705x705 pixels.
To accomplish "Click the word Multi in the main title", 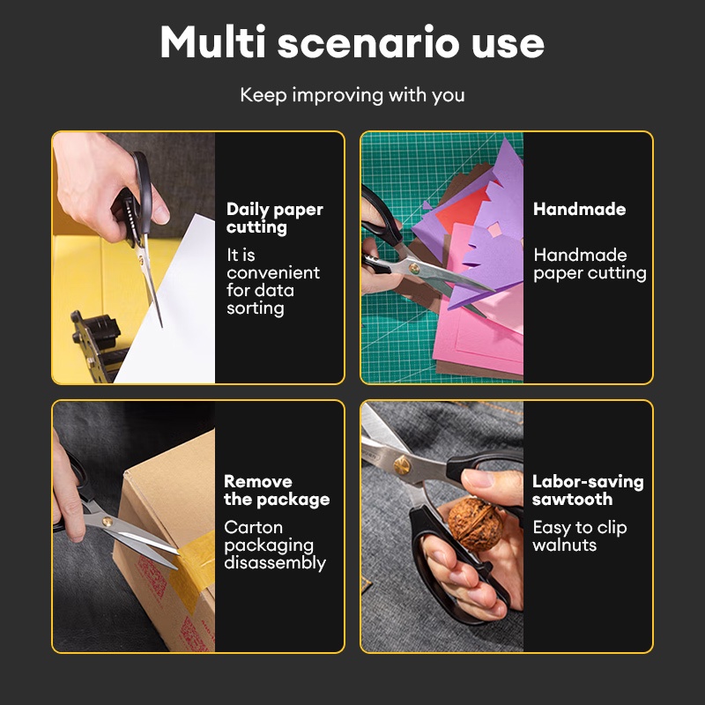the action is click(x=212, y=41).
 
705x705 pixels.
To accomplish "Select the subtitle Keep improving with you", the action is click(x=352, y=95).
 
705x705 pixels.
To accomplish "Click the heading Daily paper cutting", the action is click(x=275, y=218).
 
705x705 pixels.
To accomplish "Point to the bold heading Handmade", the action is click(x=579, y=209).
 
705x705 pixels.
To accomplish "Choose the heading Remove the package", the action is click(x=277, y=490).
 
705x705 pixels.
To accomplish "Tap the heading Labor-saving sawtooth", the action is click(x=588, y=490).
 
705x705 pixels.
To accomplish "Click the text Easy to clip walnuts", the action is click(x=580, y=536).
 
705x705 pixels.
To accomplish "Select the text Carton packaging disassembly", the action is click(x=275, y=545).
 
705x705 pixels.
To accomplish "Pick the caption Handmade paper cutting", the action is click(x=590, y=263).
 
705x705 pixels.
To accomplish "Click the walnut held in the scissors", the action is click(x=475, y=524).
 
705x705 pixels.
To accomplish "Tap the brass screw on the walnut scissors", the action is click(x=402, y=465).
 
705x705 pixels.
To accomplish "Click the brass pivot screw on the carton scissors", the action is click(x=107, y=522).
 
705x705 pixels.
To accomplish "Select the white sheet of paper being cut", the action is click(x=171, y=306).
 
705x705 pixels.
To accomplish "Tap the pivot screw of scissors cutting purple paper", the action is click(x=414, y=270).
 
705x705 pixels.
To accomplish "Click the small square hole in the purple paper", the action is click(x=494, y=230).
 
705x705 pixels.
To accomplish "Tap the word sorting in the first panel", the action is click(x=255, y=309).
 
